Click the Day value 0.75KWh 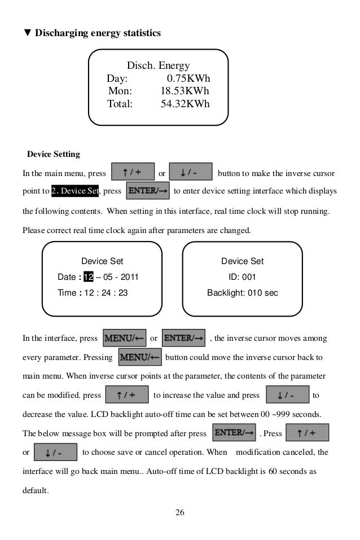click(188, 78)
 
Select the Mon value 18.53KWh click(185, 91)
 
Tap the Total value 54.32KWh click(185, 103)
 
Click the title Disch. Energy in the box click(158, 66)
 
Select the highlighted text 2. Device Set click(74, 191)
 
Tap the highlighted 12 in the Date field click(89, 277)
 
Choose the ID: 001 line click(242, 277)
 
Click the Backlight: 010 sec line click(242, 293)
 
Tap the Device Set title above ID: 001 click(242, 261)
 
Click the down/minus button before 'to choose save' click(55, 453)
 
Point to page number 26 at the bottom click(180, 512)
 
